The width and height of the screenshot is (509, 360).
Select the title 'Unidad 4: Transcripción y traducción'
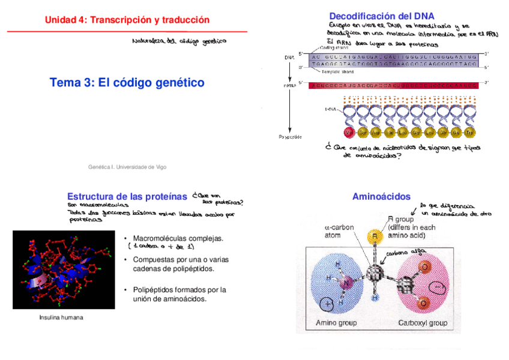[127, 20]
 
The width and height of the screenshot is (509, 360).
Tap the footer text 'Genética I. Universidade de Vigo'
[127, 167]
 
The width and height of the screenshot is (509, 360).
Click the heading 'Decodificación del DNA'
[382, 16]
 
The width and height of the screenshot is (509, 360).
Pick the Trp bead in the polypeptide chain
[470, 132]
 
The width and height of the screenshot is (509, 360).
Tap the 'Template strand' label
[337, 71]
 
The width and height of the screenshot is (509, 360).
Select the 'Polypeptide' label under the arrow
[290, 137]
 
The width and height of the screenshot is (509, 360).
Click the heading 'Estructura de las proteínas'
[127, 197]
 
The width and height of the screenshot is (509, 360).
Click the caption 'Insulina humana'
[61, 317]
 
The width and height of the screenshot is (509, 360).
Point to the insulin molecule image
[63, 270]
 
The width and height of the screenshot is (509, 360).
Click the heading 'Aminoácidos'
[381, 197]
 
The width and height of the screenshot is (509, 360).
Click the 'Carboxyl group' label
[423, 323]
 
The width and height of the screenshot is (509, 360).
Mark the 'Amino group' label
[336, 323]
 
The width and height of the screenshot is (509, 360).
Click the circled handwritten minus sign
[439, 289]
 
